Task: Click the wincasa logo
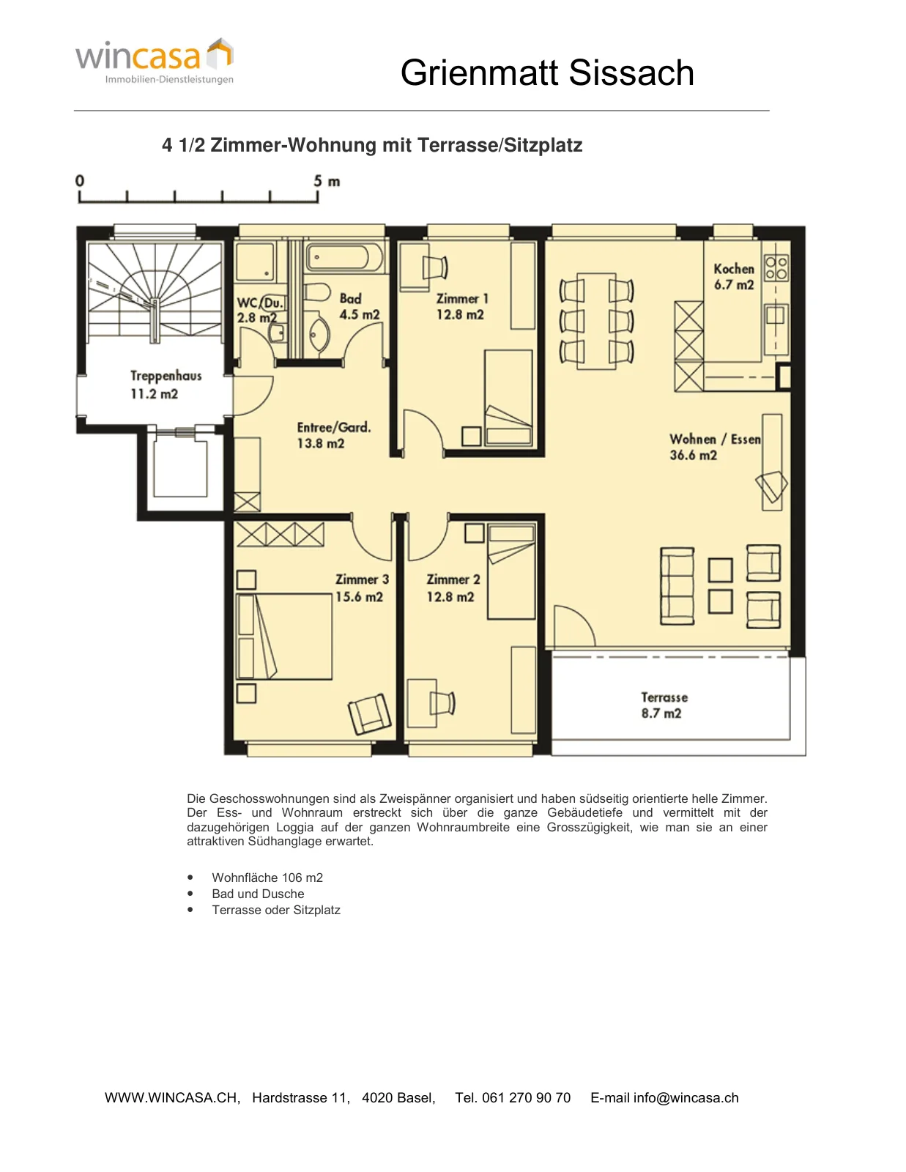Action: pos(155,61)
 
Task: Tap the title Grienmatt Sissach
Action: pos(547,73)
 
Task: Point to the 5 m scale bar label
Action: pos(327,181)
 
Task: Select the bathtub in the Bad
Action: pos(345,257)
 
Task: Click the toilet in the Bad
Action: pos(318,292)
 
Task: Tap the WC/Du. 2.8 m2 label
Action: pos(260,310)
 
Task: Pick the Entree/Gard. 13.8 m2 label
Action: pos(334,435)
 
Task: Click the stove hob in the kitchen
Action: pos(776,268)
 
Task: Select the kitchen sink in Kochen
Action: pos(775,314)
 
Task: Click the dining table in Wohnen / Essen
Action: pos(596,322)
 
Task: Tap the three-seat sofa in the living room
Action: pos(677,586)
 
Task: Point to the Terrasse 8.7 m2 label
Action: pos(664,705)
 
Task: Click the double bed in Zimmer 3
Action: pos(284,637)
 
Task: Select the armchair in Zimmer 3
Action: pos(369,714)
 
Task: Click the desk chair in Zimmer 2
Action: pos(442,703)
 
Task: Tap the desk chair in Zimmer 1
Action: pos(435,267)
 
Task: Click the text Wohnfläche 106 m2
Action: pos(267,878)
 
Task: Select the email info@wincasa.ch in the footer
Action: pos(664,1097)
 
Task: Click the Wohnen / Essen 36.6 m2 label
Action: pos(715,447)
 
